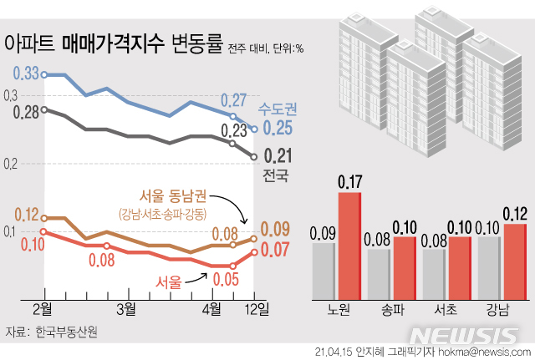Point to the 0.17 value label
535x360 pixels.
coord(349,181)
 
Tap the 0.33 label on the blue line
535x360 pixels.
coord(27,74)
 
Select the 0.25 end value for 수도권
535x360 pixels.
coord(278,128)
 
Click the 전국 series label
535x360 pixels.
coord(275,175)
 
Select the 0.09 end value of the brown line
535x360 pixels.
coord(277,228)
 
